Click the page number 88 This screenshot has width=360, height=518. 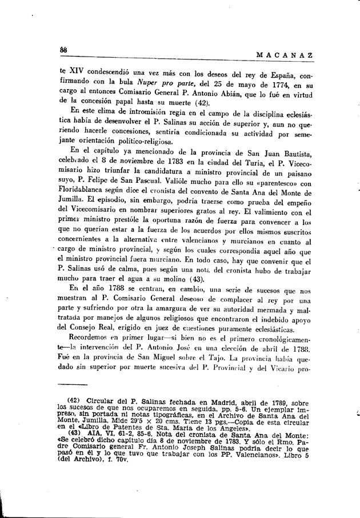click(x=64, y=51)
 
